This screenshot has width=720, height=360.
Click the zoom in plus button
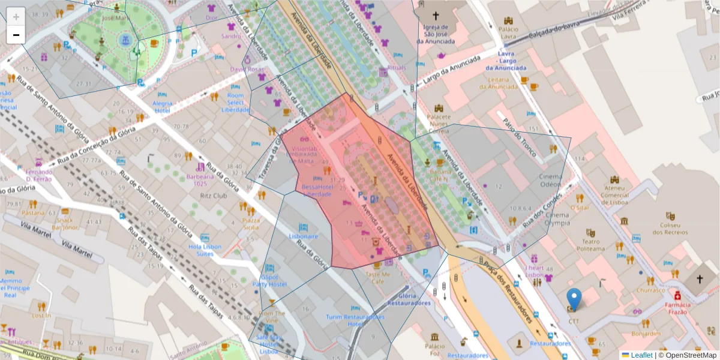pyautogui.click(x=16, y=16)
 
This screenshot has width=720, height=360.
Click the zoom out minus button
pyautogui.click(x=16, y=34)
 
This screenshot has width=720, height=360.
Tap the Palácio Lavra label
pyautogui.click(x=508, y=32)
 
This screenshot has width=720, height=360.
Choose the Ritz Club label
pyautogui.click(x=214, y=196)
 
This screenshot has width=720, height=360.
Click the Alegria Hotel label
pyautogui.click(x=162, y=107)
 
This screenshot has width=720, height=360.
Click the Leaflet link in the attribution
pyautogui.click(x=641, y=355)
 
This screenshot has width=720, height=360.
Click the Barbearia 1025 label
pyautogui.click(x=200, y=180)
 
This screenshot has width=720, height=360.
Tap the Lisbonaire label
pyautogui.click(x=303, y=236)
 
